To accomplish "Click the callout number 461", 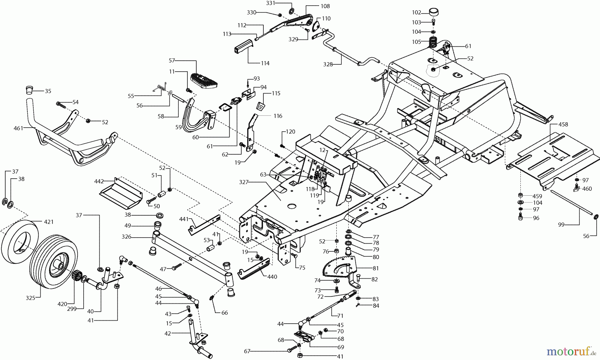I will pyautogui.click(x=18, y=128).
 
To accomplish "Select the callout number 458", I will pyautogui.click(x=563, y=125).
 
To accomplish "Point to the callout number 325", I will pyautogui.click(x=31, y=298).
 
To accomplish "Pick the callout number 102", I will pyautogui.click(x=416, y=13).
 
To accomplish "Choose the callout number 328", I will pyautogui.click(x=328, y=65).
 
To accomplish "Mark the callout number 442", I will pyautogui.click(x=99, y=181).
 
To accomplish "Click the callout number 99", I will pyautogui.click(x=561, y=225).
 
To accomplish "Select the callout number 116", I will pyautogui.click(x=278, y=116).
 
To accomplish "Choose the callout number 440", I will pyautogui.click(x=272, y=277).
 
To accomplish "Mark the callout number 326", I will pyautogui.click(x=126, y=237).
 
